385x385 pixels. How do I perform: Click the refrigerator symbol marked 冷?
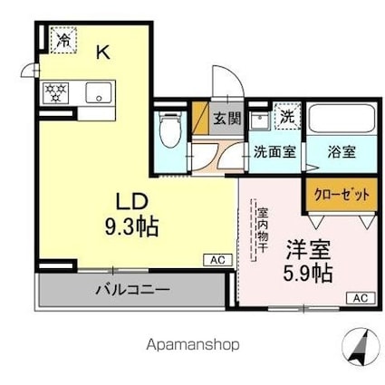[63, 40]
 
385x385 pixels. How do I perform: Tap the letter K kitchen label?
[102, 53]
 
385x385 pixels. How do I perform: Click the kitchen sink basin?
[98, 91]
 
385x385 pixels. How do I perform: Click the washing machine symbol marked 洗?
[285, 117]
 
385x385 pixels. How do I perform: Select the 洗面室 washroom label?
[274, 151]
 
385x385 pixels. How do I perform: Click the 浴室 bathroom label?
[342, 151]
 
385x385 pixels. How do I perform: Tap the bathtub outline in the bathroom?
[341, 119]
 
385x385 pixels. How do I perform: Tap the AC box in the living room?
[217, 259]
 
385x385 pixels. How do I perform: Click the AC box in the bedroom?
[360, 297]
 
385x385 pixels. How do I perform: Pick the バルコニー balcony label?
[131, 292]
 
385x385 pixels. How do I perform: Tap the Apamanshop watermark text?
[193, 344]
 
